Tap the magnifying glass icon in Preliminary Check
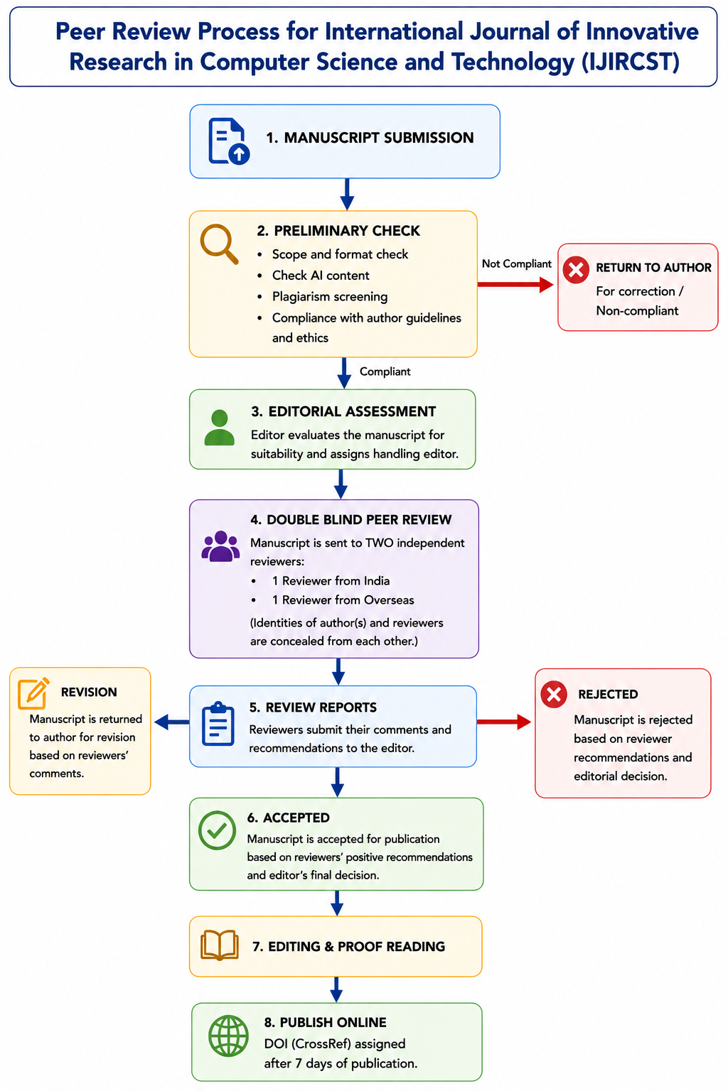pos(219,244)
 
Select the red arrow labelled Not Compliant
pos(515,284)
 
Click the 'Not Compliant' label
pos(516,264)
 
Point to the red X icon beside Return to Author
pos(576,269)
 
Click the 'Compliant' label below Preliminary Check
pos(385,371)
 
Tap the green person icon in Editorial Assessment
pos(220,427)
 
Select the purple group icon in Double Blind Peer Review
pos(220,546)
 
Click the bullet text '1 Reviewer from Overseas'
pos(343,599)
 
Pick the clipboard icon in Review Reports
pos(218,724)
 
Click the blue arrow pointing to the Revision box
pos(171,722)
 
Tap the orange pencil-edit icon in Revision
pos(33,693)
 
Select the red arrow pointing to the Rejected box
pos(504,722)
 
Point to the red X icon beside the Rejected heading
pos(553,694)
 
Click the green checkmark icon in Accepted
pos(217,830)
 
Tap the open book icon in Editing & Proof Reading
pos(220,945)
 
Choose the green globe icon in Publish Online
pos(228,1036)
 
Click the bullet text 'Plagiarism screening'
pos(330,296)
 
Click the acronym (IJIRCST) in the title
pos(631,62)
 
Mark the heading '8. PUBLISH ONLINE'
pos(325,1022)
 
